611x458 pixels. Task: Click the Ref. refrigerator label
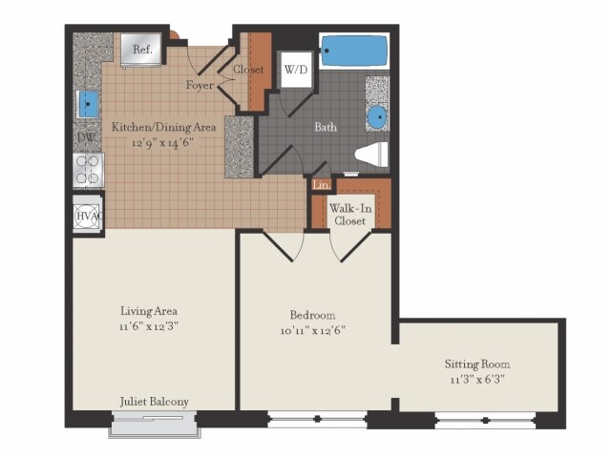click(x=142, y=49)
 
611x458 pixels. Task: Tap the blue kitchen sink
click(x=89, y=103)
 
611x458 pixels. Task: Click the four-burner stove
click(x=89, y=171)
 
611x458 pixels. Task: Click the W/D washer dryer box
click(x=294, y=70)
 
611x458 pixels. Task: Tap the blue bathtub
click(x=352, y=50)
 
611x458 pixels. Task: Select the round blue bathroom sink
click(x=377, y=117)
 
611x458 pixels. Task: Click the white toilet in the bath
click(x=371, y=154)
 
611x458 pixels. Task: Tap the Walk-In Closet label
click(x=348, y=214)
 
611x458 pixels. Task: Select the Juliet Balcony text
click(x=155, y=401)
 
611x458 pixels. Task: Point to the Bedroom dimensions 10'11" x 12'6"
click(x=313, y=331)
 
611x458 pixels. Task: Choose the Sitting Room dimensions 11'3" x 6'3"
click(x=476, y=380)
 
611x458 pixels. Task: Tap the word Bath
click(x=326, y=126)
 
